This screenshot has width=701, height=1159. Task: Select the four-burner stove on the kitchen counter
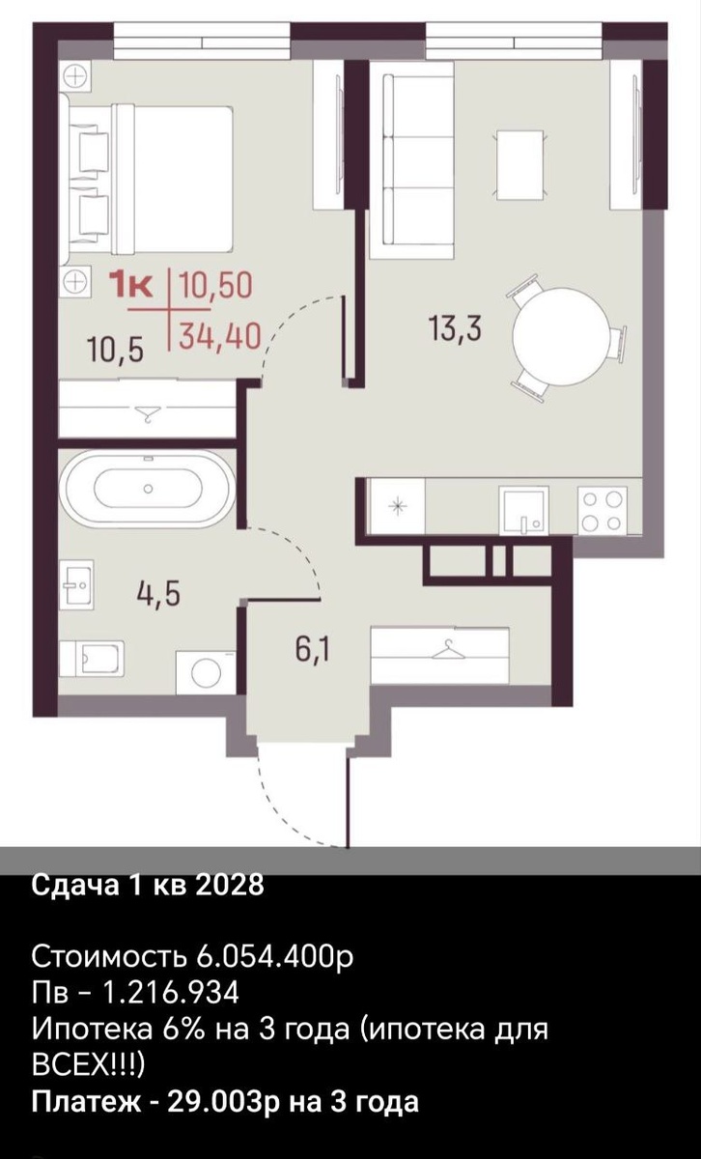[603, 511]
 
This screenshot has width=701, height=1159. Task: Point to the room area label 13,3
[455, 329]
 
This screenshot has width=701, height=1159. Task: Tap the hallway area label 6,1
[312, 650]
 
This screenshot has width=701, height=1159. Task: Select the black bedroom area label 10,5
[115, 351]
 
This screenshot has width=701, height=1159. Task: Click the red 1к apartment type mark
[133, 286]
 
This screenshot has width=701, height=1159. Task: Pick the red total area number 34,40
[219, 337]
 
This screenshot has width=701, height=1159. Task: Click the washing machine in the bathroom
[206, 672]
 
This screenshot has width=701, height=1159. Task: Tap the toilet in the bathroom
[92, 660]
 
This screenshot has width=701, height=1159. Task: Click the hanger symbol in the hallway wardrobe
[446, 650]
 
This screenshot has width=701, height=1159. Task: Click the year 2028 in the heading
[230, 885]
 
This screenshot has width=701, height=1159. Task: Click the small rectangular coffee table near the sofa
[519, 164]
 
